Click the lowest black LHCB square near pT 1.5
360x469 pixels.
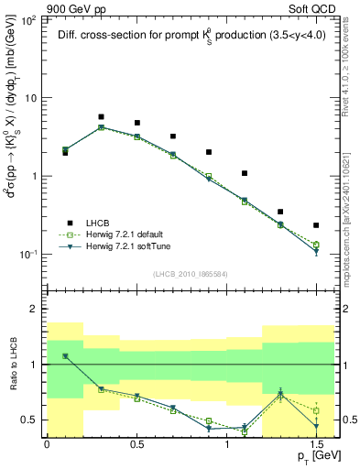coord(316,224)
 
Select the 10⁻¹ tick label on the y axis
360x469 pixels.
coord(26,255)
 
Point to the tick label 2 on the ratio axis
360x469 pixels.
coord(32,310)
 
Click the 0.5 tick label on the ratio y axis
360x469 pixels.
coord(28,420)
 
